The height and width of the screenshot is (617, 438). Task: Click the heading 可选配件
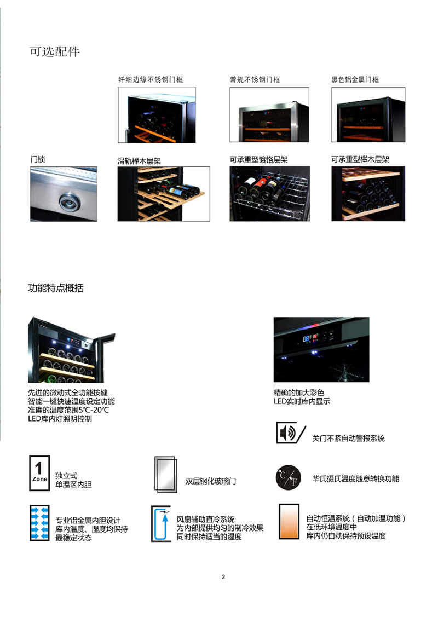[x=55, y=51]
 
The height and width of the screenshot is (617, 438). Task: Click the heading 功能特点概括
[x=56, y=288]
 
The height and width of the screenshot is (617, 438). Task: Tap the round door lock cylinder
[x=70, y=202]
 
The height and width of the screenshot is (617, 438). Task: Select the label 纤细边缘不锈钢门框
[x=151, y=79]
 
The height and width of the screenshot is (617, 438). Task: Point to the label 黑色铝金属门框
[x=355, y=79]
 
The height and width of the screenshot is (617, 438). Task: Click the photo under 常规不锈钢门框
[x=269, y=115]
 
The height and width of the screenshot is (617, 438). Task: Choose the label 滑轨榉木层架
[x=139, y=160]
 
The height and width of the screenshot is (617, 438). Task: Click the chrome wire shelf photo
[x=269, y=194]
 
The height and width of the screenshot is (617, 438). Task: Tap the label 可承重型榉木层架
[x=360, y=159]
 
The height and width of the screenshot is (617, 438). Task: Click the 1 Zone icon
[x=39, y=473]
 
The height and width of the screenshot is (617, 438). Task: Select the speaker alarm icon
[x=290, y=433]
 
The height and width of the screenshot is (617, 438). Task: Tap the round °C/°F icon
[x=289, y=477]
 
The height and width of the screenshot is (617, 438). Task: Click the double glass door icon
[x=166, y=475]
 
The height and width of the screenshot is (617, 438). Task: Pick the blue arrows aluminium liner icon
[x=40, y=523]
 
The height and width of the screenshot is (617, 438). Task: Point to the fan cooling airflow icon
[x=161, y=524]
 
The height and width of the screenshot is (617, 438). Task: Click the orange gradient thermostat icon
[x=289, y=521]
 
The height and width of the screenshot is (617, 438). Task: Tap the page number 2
[x=223, y=577]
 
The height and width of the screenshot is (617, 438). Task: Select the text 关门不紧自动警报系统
[x=348, y=439]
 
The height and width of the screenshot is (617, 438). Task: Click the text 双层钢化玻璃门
[x=211, y=481]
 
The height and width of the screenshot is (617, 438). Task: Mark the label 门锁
[x=38, y=159]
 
